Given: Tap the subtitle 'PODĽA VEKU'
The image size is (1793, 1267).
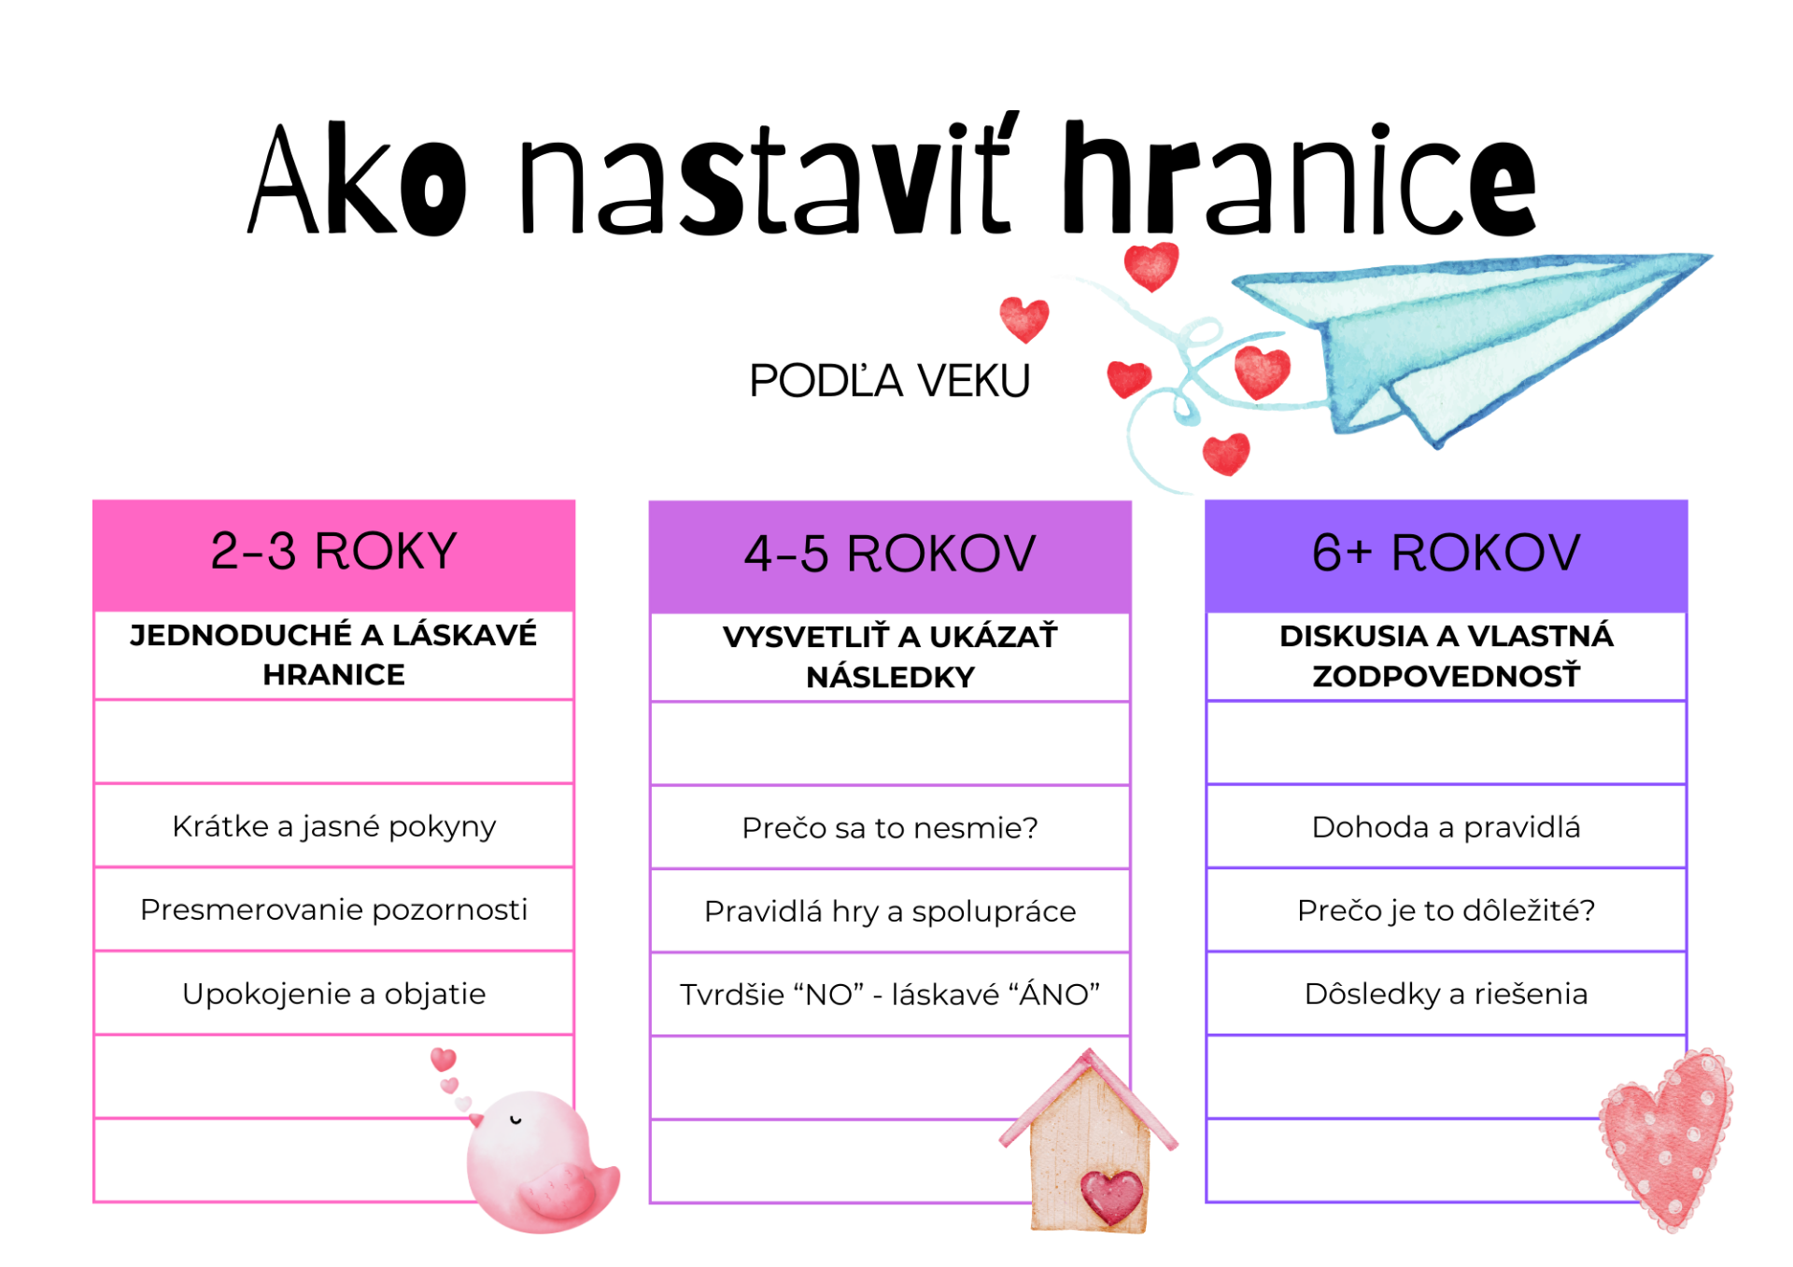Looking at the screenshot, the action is coord(889,380).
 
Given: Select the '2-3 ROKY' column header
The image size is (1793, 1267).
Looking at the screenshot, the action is coord(333,550).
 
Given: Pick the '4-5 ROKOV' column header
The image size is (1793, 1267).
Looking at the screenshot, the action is coord(890,553).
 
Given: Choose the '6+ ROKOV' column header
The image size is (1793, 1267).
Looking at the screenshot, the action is coord(1446,552).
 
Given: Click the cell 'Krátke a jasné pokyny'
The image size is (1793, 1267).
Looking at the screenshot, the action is coord(333,826).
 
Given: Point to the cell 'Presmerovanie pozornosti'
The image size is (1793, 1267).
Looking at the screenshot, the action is coord(333,909).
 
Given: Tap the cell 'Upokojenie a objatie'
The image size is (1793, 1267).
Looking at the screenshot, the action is coord(333,993).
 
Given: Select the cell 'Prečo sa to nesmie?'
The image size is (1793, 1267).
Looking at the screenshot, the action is coord(890,827).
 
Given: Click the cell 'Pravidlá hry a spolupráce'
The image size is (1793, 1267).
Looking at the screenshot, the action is coord(890,911).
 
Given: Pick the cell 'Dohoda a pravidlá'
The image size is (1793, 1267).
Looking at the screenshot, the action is coord(1446,827).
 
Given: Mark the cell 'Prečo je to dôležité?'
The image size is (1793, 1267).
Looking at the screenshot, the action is coord(1446,910).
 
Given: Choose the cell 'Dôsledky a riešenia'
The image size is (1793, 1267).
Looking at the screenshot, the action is coord(1446,993).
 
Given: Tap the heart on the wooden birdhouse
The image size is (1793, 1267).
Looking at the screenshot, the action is coord(1111,1197).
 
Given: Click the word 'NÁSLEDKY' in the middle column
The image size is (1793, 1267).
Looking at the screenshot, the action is coord(890,677).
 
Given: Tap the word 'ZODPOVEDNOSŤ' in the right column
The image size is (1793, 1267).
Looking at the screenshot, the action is coord(1446,675).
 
